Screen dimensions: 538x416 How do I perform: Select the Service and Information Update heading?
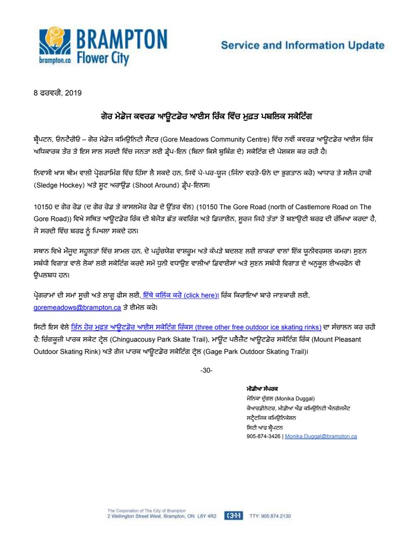tap(303, 45)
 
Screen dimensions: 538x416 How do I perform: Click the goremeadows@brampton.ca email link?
tap(77, 307)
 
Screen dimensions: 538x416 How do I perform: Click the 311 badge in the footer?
tap(232, 516)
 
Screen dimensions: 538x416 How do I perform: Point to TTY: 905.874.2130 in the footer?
tap(270, 516)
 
